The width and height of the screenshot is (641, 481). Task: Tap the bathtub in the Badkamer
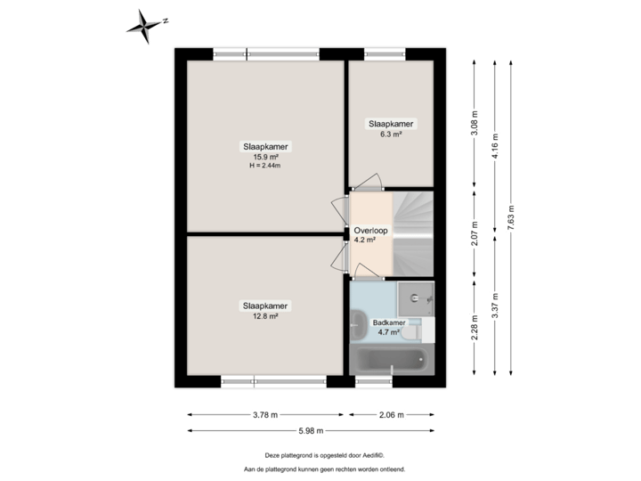point(392,360)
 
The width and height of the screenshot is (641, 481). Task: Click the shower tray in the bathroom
point(414,297)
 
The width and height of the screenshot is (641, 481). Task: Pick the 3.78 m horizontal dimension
point(265,414)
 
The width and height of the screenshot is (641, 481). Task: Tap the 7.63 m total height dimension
point(510,217)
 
